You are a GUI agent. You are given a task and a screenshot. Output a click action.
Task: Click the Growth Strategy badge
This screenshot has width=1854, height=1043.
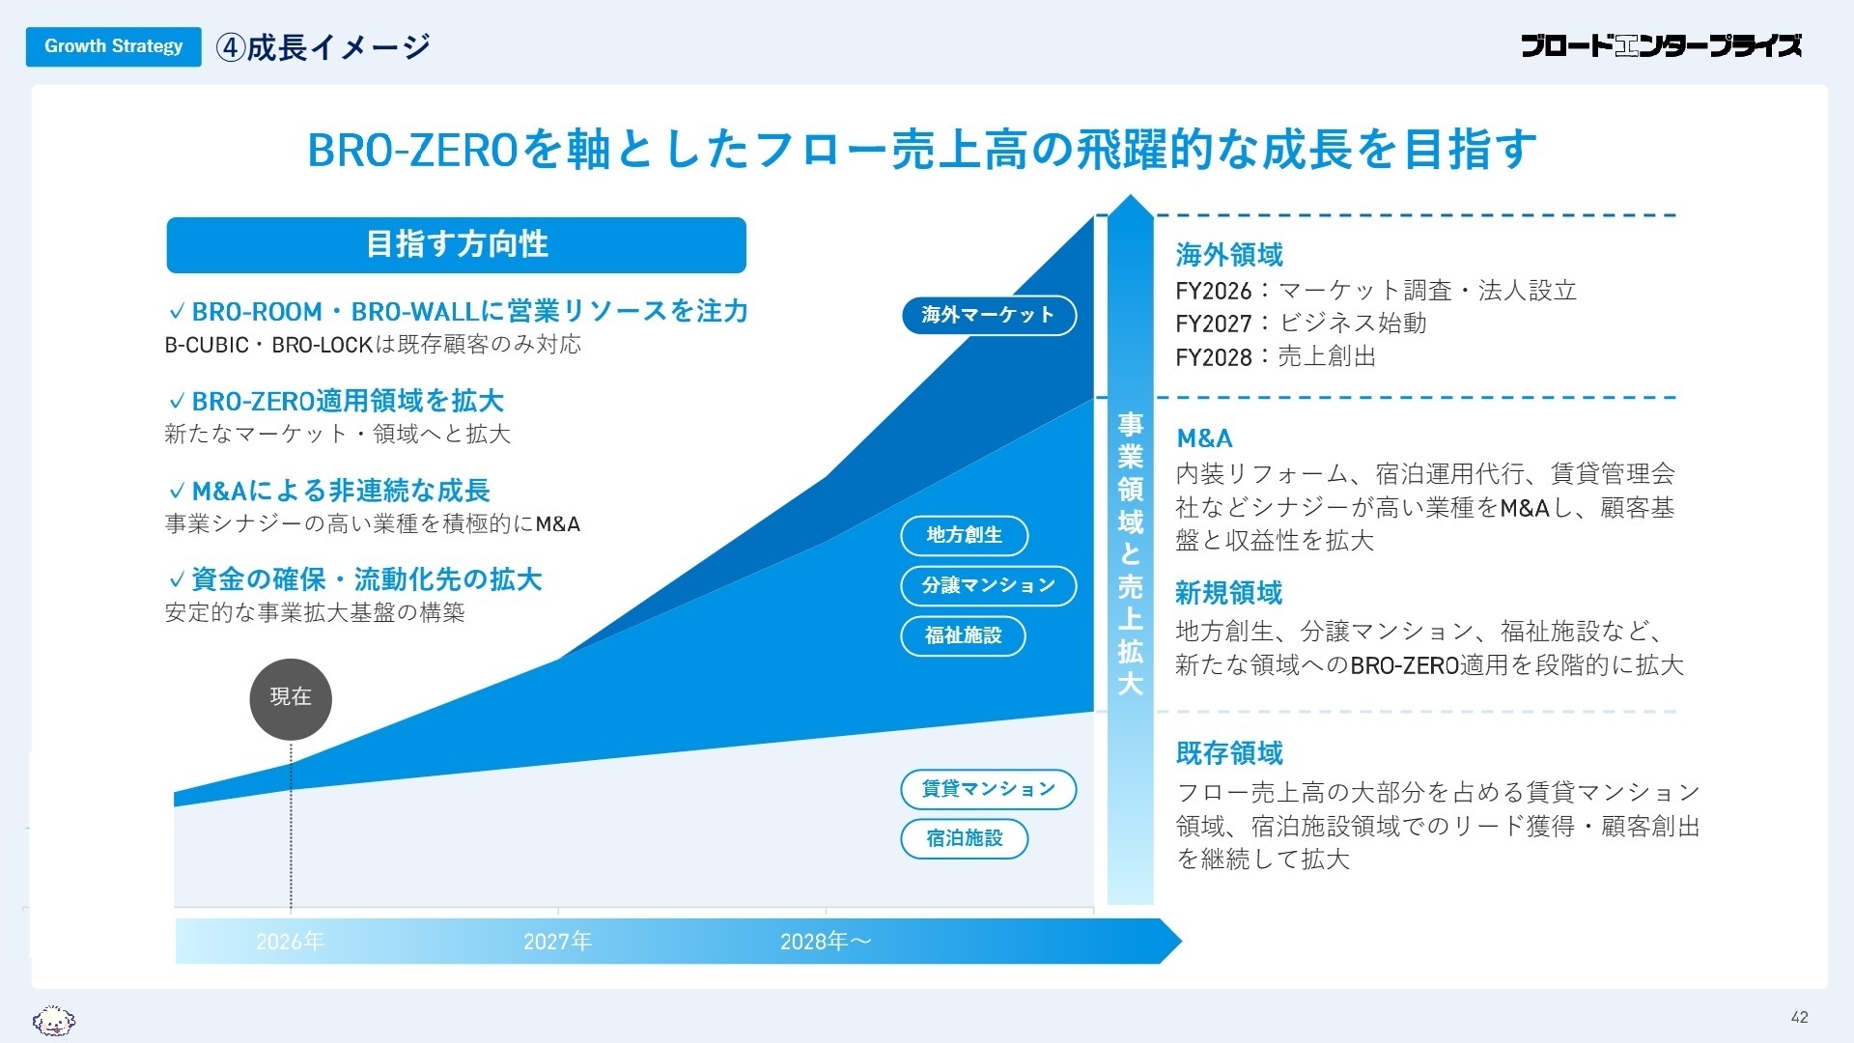(x=113, y=46)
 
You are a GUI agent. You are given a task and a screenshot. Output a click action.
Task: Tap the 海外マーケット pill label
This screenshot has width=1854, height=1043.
(x=988, y=315)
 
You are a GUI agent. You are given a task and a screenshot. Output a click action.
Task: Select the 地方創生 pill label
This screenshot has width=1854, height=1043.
(x=964, y=535)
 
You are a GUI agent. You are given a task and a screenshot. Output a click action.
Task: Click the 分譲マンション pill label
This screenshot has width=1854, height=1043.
(x=988, y=585)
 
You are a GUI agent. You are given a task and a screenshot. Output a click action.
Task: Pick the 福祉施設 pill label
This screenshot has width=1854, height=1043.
(x=963, y=635)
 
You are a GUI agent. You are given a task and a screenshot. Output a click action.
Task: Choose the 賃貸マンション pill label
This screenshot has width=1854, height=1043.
(x=988, y=789)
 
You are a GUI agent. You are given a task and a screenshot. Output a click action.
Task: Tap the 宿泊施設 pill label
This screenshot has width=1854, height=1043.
(x=964, y=838)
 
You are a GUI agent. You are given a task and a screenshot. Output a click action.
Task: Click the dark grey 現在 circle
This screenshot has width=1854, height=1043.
(x=291, y=698)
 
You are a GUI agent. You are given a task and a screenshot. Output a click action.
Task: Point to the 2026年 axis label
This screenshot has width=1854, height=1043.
(x=290, y=942)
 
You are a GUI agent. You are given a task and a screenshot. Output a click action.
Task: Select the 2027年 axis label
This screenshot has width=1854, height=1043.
(x=557, y=942)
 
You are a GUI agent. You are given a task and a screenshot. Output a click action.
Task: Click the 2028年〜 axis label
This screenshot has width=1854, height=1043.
(x=826, y=942)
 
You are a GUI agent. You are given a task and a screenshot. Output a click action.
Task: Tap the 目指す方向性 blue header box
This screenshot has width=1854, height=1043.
(x=456, y=244)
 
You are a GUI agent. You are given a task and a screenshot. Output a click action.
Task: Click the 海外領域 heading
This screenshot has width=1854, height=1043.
(x=1229, y=255)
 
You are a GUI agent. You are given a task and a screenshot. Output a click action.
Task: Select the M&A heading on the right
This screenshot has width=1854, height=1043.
(x=1204, y=438)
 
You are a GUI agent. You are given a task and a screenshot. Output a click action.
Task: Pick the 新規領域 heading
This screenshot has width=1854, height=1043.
(x=1229, y=593)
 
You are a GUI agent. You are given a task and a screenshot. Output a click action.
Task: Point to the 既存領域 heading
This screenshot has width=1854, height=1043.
(x=1229, y=753)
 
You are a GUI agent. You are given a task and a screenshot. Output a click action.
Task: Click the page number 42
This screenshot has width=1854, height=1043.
(x=1799, y=1017)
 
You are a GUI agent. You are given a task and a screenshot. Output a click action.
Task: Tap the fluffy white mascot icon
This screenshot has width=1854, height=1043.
(x=54, y=1020)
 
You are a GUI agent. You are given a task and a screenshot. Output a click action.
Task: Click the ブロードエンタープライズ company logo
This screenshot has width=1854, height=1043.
(x=1661, y=45)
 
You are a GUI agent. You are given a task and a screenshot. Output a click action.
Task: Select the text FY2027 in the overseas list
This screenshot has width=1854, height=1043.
(x=1213, y=324)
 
